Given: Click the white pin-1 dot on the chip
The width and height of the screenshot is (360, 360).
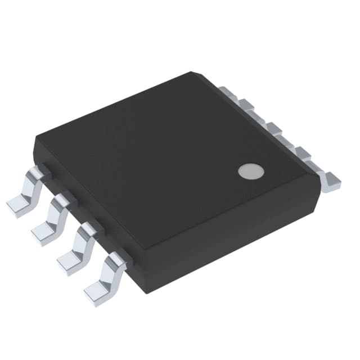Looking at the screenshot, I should [251, 171].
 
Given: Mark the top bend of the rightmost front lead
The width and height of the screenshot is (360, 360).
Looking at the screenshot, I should [118, 258].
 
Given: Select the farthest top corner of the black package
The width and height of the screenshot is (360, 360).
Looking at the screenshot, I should [193, 73].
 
